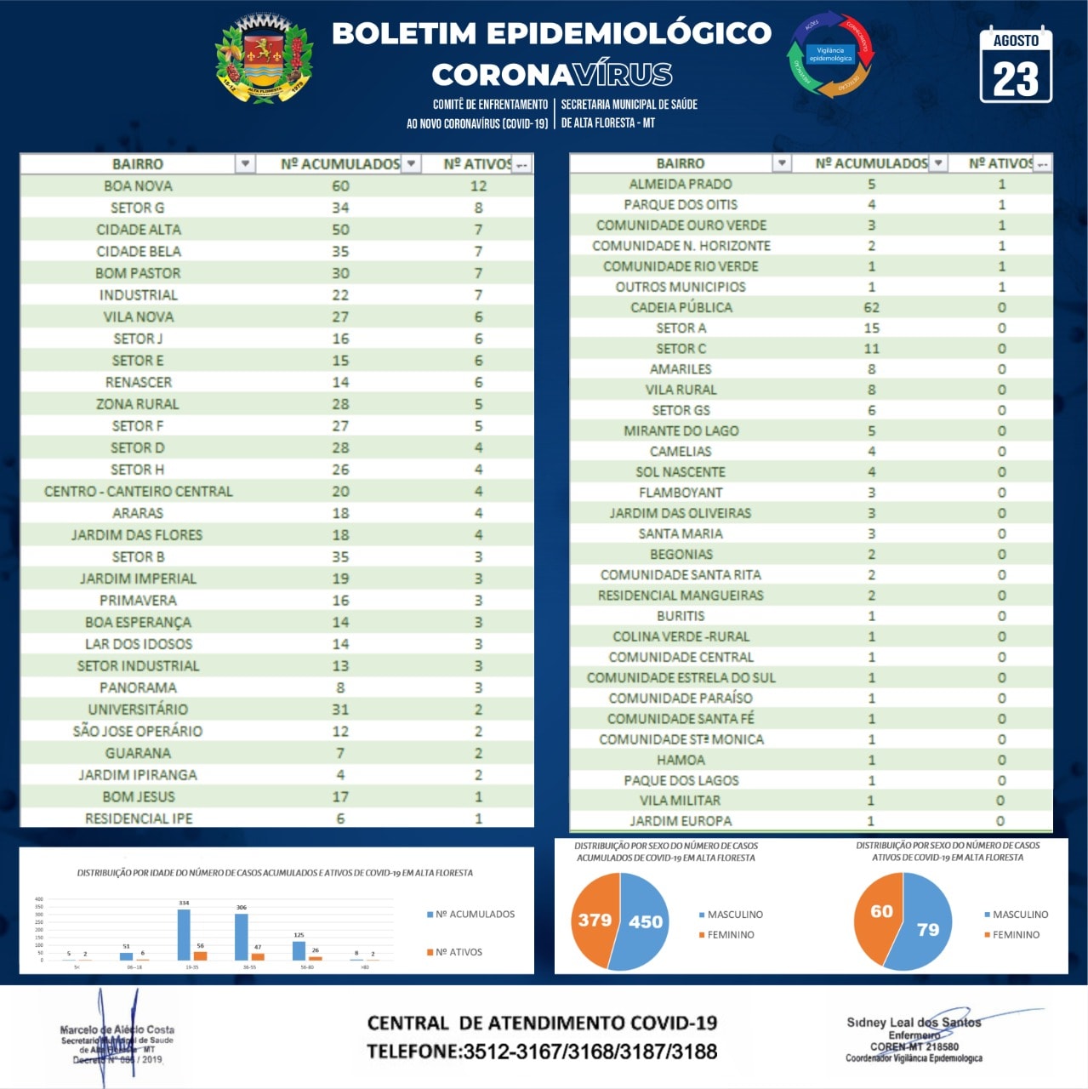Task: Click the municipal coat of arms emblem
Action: [x=264, y=60]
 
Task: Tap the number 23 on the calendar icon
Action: [x=1016, y=79]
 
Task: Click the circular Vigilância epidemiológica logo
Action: [x=830, y=54]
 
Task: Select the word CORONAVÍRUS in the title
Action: [x=552, y=75]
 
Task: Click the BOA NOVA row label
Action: [x=138, y=185]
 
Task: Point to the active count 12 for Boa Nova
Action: [x=478, y=185]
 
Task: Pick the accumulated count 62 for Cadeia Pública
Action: [x=871, y=307]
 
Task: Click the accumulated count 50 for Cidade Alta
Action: [x=340, y=230]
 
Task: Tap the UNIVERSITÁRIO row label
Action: [x=138, y=710]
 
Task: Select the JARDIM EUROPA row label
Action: [x=681, y=821]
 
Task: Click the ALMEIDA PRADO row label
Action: [x=681, y=184]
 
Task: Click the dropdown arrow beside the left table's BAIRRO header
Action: [x=245, y=163]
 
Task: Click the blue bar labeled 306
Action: [x=242, y=937]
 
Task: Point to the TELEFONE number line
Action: [x=542, y=1052]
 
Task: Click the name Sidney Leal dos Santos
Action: [x=914, y=1022]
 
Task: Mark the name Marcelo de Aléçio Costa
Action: [x=117, y=1029]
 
